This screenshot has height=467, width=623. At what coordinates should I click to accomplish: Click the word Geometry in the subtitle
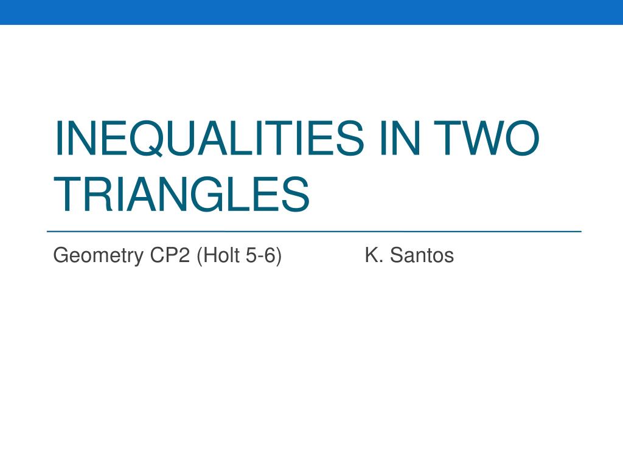(x=98, y=256)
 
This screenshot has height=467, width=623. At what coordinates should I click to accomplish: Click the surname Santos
(x=422, y=255)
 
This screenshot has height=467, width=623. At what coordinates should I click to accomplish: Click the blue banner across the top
(x=311, y=12)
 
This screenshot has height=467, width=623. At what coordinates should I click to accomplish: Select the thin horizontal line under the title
(x=314, y=231)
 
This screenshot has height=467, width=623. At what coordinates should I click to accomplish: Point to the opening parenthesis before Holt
(x=200, y=256)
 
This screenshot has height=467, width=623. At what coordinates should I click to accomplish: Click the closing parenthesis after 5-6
(x=279, y=256)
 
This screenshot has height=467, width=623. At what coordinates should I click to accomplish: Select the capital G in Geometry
(x=61, y=255)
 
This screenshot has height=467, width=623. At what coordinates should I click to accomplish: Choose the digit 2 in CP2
(x=185, y=255)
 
